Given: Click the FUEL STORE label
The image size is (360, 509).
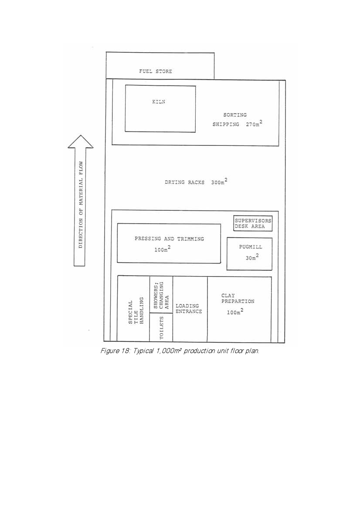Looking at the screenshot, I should tap(156, 71).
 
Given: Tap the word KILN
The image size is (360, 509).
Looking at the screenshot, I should tap(159, 102).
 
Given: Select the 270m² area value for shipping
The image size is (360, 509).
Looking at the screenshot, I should tap(254, 124).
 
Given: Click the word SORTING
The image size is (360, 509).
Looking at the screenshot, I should tap(235, 115).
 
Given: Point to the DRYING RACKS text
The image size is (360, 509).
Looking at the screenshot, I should tap(184, 182).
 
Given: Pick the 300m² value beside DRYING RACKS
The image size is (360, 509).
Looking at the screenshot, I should tap(219, 182).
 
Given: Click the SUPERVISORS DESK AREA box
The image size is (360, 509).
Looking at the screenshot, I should tap(253, 223).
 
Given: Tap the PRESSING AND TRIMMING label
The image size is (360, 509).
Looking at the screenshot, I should tap(169, 239).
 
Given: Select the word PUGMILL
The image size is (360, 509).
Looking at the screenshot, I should tap(251, 247).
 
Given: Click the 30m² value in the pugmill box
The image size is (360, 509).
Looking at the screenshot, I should tap(252, 257).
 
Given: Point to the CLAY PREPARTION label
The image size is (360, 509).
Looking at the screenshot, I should tap(238, 299).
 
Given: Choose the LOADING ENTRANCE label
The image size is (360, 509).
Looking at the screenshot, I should tap(189, 309).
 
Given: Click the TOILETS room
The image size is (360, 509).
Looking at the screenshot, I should tap(161, 328).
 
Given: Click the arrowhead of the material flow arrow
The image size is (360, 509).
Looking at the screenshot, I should tap(81, 142).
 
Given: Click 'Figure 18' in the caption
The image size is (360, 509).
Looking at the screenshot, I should tap(115, 351).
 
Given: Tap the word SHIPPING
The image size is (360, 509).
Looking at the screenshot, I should tap(226, 125).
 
